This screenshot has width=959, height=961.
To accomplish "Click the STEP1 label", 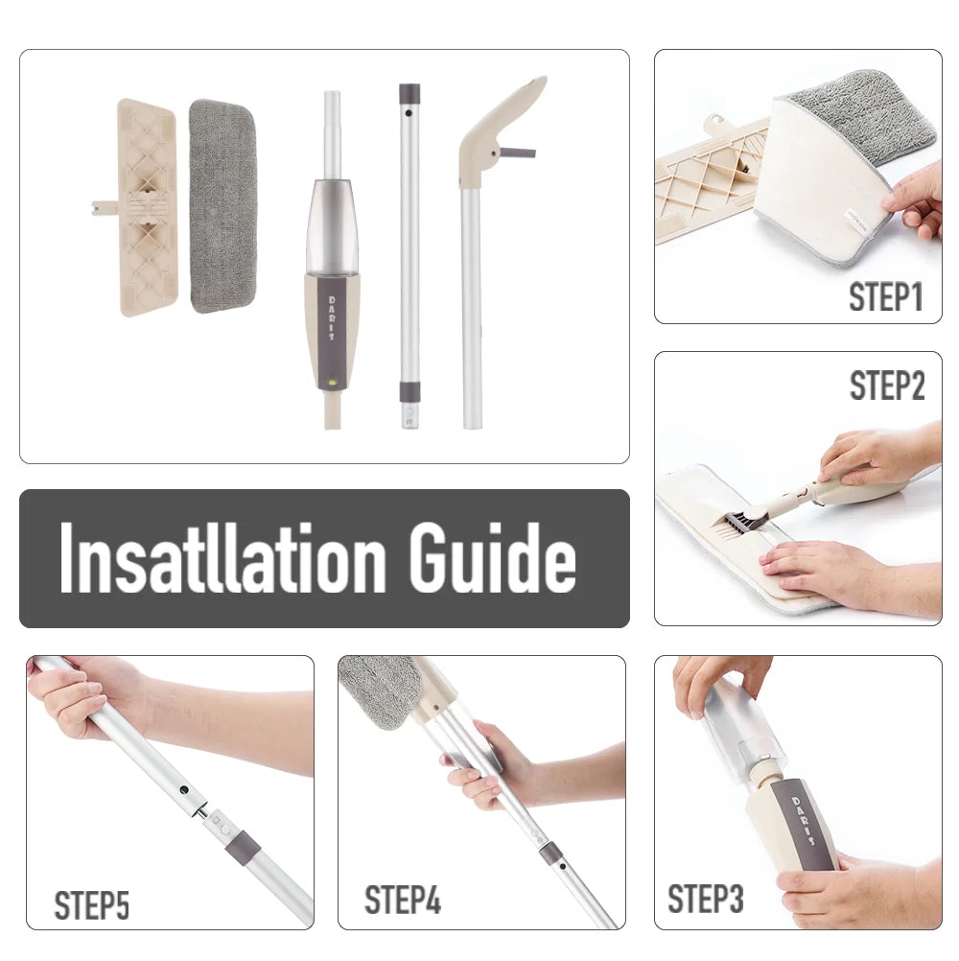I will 885,296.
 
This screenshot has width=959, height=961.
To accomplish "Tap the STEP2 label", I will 887,386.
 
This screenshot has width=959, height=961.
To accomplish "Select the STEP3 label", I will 705,900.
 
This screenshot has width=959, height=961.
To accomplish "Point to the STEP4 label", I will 403,900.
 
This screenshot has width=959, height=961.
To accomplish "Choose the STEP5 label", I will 91,904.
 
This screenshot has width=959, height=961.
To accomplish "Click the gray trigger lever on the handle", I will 518,152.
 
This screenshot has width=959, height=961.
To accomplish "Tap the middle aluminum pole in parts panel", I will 409,249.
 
